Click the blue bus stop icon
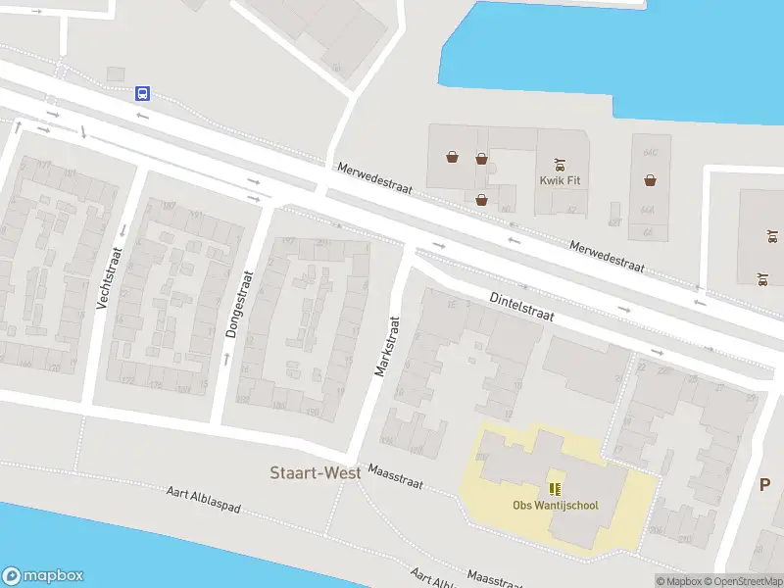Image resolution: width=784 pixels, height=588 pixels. pos(142,94)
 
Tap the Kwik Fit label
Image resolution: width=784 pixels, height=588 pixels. pos(560,180)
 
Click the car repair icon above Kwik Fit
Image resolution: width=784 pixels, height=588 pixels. pos(560,164)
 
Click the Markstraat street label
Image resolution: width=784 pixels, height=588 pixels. pos(386,345)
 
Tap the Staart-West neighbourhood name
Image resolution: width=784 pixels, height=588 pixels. pos(316,472)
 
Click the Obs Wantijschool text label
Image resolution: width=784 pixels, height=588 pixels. pos(555,506)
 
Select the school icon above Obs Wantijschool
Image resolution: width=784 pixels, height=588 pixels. pos(555,489)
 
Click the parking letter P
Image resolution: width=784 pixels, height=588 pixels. pos(765,484)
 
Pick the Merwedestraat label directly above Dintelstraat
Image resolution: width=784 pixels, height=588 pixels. pos(607,257)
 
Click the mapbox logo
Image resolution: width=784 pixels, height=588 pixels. pos(43,576)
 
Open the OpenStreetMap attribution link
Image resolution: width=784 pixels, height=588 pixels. pos(743,581)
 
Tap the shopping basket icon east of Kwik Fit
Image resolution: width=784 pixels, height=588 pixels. pos(650,179)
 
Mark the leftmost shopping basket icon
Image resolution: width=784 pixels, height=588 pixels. pos(452,156)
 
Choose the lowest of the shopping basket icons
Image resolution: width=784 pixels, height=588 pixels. pos(481,200)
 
